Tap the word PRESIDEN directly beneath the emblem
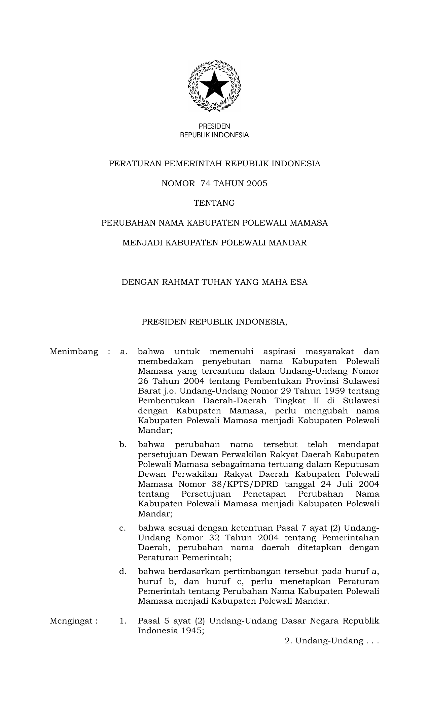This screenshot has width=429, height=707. click(x=214, y=126)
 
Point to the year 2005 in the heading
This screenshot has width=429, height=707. click(x=256, y=183)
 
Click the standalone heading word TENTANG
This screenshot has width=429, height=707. click(x=214, y=203)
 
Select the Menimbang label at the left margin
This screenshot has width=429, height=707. click(x=74, y=352)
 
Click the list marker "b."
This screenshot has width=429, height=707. click(x=123, y=445)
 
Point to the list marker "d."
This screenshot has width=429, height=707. click(x=123, y=571)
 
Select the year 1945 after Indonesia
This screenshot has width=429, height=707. click(x=193, y=631)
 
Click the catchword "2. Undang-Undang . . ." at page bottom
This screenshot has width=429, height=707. click(x=332, y=641)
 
